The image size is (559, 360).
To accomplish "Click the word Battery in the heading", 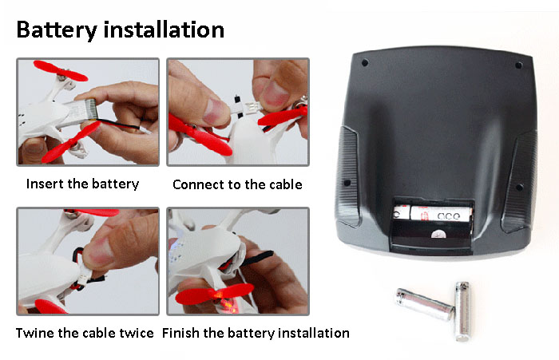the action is (x=57, y=30).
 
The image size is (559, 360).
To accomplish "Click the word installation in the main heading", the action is (x=164, y=30).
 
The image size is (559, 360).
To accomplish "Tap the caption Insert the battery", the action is (x=83, y=184).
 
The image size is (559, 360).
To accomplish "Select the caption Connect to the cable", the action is (x=237, y=184).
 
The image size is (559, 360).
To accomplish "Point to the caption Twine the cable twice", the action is (x=85, y=333).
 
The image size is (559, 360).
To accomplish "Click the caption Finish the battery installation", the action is (x=256, y=334).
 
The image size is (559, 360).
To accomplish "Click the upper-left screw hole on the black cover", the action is (x=365, y=63).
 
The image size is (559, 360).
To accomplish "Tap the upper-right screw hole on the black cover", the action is (x=519, y=65).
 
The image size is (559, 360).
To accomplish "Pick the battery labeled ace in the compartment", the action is (x=441, y=213).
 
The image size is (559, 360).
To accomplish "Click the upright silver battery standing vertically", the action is (x=462, y=311).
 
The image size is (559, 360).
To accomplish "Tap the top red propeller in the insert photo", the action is (x=61, y=71).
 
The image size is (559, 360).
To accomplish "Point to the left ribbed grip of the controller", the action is (x=347, y=176).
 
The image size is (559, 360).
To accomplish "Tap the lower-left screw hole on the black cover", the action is (x=347, y=184).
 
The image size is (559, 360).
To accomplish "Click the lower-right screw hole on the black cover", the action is (x=519, y=187).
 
